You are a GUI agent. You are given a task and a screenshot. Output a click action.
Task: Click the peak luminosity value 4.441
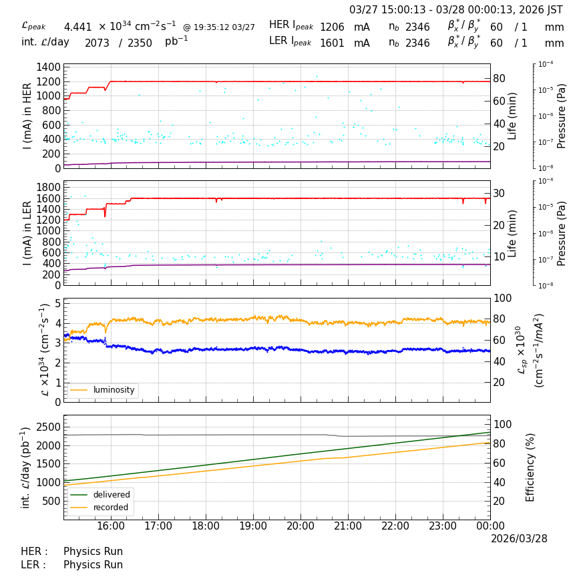tap(77, 27)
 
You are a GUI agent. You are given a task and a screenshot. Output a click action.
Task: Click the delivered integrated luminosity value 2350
tap(140, 43)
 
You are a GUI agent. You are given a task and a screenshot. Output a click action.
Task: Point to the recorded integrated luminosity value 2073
tap(97, 43)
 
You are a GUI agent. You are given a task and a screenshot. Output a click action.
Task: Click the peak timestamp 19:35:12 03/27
tap(219, 27)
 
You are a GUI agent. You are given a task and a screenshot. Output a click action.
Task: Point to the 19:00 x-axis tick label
tap(253, 526)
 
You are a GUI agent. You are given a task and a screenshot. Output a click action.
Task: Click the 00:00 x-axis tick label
tap(490, 526)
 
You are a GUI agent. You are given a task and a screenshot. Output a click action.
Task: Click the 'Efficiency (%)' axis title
tap(531, 467)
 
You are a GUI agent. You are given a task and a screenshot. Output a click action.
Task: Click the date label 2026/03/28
tap(519, 538)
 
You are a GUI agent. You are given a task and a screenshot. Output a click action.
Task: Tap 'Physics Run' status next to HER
tap(93, 552)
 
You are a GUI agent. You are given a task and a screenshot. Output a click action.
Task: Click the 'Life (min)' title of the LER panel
tap(512, 233)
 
